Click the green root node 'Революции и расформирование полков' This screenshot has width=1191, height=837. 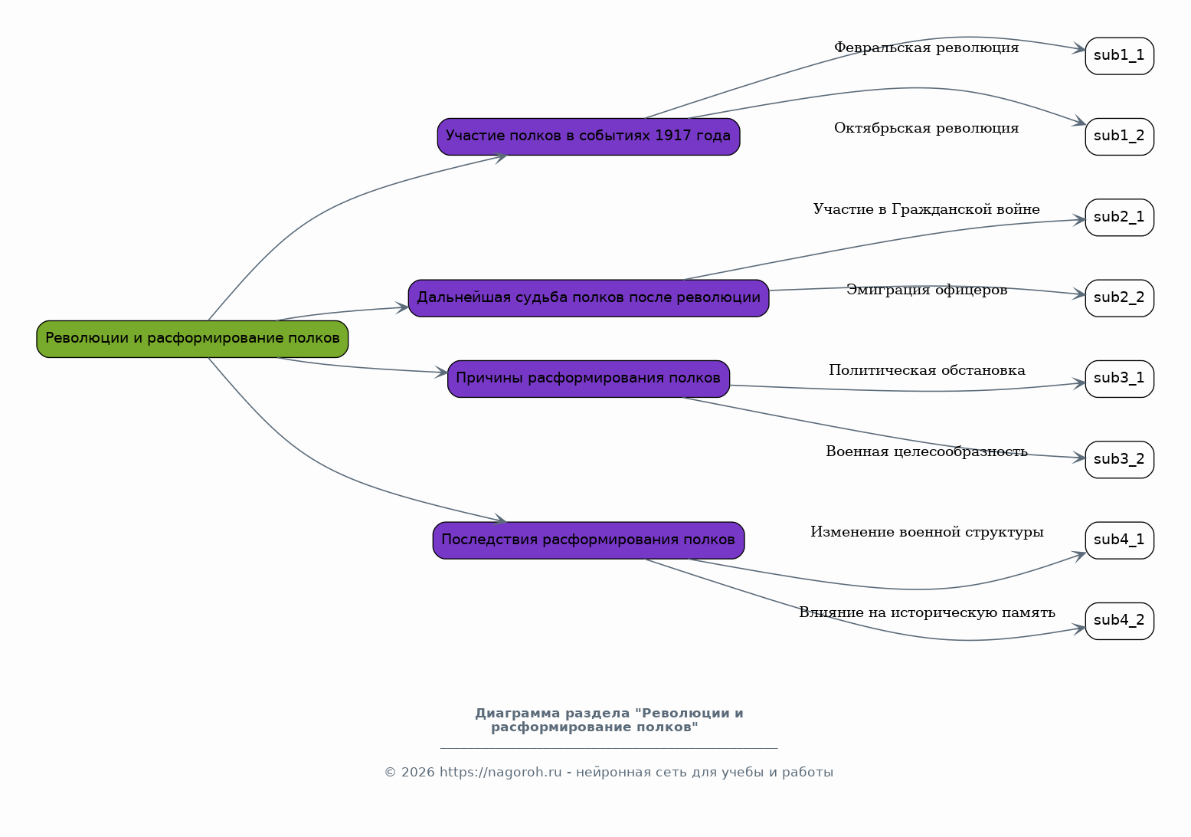coord(192,339)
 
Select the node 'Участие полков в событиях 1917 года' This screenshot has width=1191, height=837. coord(588,136)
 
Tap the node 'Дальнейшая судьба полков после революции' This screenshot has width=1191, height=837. coord(588,298)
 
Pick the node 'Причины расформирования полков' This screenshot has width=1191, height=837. coord(588,379)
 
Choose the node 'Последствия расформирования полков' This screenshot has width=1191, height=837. coord(588,540)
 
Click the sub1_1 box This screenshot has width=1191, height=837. coord(1120,56)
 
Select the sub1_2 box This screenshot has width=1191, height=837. coord(1120,136)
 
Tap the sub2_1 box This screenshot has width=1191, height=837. coord(1120,218)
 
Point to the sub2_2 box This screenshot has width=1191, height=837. coord(1120,298)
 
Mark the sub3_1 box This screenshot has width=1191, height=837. coord(1120,379)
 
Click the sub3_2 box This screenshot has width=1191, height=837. coord(1120,460)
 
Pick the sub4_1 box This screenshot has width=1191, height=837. coord(1120,540)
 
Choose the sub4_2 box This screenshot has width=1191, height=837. coord(1120,621)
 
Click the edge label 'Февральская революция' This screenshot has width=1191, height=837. coord(926,48)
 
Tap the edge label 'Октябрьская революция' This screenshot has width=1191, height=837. coord(926,128)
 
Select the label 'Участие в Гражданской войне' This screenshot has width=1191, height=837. coord(926,209)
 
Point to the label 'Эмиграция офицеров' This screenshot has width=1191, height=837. coord(926,290)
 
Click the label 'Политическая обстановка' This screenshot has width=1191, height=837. coord(927,370)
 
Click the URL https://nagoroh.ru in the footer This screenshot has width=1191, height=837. coord(500,772)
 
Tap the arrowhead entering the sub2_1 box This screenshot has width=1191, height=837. coord(1079,220)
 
